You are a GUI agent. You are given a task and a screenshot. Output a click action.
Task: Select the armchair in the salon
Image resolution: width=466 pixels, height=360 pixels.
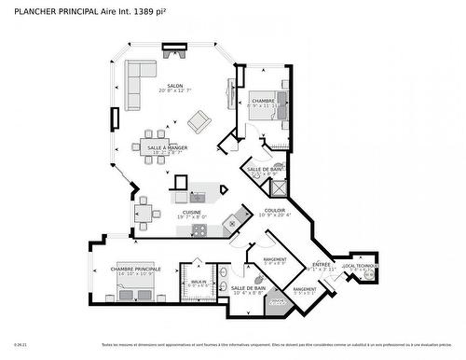tap(199, 121)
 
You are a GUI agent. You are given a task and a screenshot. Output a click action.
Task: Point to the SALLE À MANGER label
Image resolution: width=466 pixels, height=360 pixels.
tap(168, 147)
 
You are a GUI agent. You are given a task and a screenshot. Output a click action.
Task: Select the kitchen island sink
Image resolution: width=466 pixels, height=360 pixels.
tap(198, 197)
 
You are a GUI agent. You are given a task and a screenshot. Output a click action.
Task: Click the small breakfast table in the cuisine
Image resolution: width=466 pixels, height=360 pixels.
tap(144, 214)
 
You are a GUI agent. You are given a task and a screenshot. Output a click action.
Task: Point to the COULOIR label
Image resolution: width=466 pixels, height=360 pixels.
tap(275, 211)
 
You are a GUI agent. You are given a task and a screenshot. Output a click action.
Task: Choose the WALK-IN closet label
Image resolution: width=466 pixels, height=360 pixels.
tap(199, 282)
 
